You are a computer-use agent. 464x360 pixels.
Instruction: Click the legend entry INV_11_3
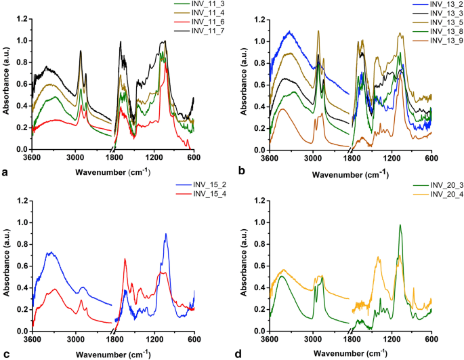180,4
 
